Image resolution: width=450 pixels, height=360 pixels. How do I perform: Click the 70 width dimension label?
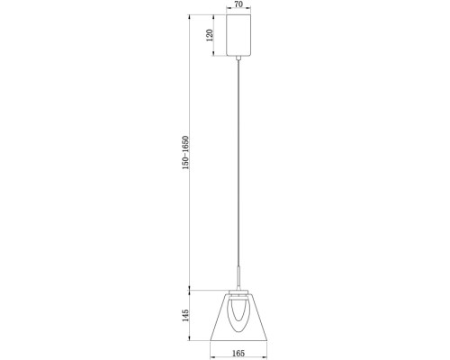[x=238, y=5]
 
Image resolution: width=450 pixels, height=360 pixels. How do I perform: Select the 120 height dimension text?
[x=210, y=36]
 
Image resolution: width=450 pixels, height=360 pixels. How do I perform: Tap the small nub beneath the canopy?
[x=238, y=58]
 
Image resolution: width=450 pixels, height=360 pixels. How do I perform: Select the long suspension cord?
[x=238, y=162]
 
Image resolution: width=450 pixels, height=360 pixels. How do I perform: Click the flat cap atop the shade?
[x=238, y=292]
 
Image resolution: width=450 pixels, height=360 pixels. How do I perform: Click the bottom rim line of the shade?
[x=238, y=340]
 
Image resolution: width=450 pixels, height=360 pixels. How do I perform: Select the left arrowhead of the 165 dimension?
[x=209, y=346]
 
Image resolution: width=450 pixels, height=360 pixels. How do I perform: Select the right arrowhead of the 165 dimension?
[x=266, y=346]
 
